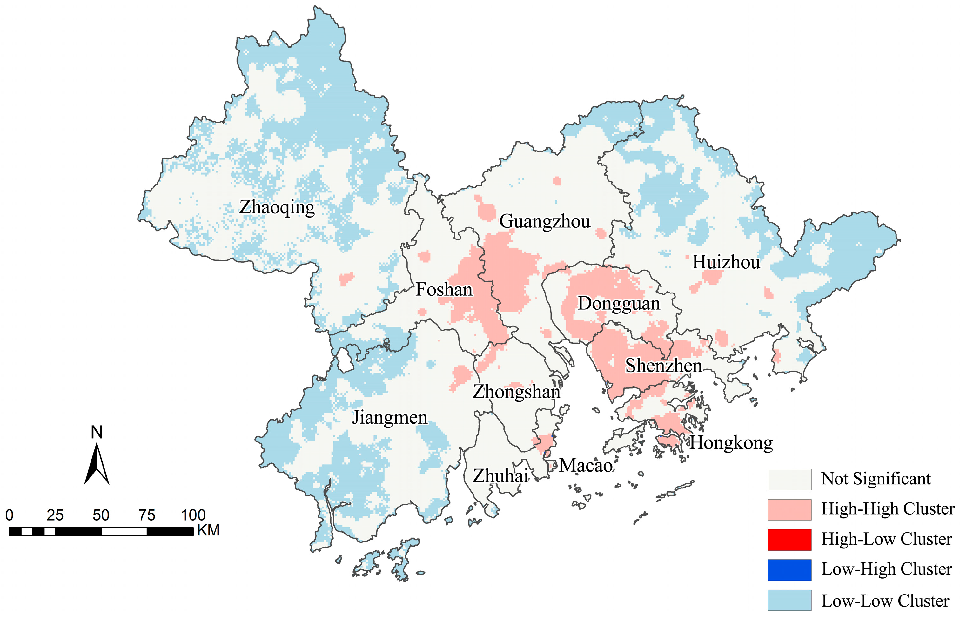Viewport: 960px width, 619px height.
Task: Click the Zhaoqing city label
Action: [x=277, y=207]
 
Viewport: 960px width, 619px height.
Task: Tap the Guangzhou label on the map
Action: [x=545, y=221]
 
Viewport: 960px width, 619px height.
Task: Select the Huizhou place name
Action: [x=726, y=262]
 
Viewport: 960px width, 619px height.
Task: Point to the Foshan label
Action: [x=444, y=290]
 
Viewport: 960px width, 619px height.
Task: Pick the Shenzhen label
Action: [x=663, y=366]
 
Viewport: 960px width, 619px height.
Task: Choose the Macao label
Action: [x=586, y=466]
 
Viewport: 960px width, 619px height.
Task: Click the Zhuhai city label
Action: [x=500, y=476]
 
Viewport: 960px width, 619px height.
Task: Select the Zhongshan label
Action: [x=516, y=392]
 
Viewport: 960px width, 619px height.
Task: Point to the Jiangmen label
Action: [x=389, y=418]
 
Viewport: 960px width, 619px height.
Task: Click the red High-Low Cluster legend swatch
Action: [x=789, y=539]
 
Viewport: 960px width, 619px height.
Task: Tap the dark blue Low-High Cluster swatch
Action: [x=789, y=569]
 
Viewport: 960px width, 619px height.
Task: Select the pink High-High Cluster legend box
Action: [x=789, y=509]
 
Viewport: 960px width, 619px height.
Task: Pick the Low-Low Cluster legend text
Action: [x=885, y=601]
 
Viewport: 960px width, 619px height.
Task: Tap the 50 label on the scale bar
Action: [x=101, y=515]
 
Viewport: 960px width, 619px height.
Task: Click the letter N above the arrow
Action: [x=97, y=433]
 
